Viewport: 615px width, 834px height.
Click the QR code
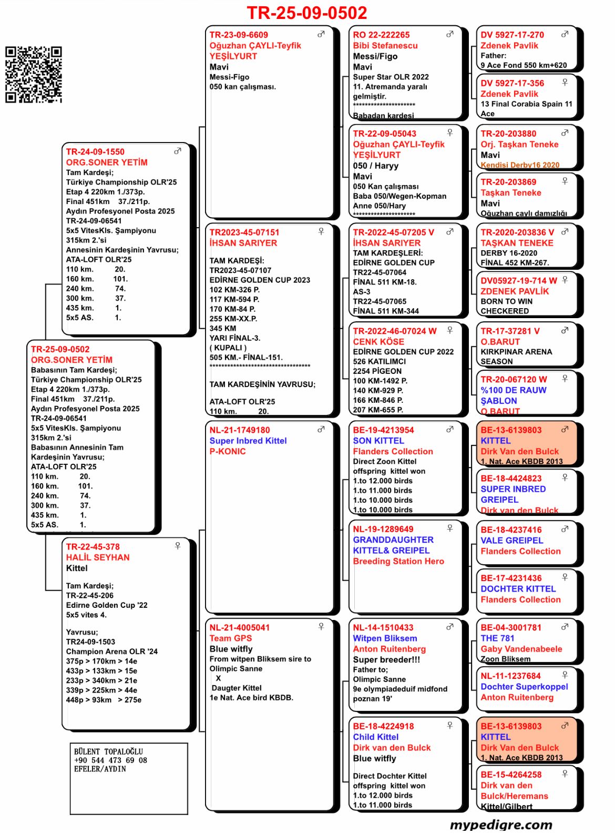coord(34,74)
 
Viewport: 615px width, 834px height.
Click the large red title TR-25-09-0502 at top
coord(306,13)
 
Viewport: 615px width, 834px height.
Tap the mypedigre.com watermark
coord(501,824)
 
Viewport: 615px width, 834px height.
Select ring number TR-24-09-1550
coord(95,152)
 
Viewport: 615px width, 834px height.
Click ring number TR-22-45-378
coord(93,547)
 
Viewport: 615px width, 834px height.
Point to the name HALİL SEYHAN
coord(97,557)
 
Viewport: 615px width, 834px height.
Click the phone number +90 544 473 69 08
coord(110,760)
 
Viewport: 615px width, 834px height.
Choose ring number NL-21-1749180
coord(240,430)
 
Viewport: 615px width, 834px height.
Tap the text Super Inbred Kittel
coord(248,441)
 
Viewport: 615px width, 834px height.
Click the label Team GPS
coord(231,638)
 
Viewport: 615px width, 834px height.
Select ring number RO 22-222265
coord(381,35)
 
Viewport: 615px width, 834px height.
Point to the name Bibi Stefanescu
coord(385,46)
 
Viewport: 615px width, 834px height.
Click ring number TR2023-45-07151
coord(244,232)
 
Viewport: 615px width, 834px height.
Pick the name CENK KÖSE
coord(378,342)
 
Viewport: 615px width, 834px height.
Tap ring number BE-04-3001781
coord(511,628)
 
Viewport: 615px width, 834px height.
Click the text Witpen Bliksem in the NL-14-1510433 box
coord(385,638)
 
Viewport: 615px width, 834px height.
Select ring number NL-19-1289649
coord(383,530)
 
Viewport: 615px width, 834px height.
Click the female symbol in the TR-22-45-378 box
coord(178,546)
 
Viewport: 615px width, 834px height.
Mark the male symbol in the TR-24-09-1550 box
coord(178,151)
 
